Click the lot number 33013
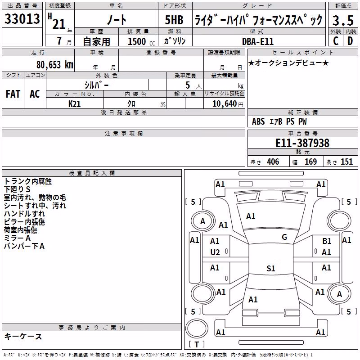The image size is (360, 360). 22,19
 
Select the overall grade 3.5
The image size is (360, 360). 343,20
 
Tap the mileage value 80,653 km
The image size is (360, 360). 55,65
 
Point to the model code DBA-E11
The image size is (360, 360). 258,41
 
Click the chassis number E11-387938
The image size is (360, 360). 302,143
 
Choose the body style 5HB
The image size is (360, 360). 174,20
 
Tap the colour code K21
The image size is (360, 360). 74,104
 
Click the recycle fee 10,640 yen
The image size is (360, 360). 228,104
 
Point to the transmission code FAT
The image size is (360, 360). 13,94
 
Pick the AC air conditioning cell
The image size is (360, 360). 35,94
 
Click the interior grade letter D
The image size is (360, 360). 350,41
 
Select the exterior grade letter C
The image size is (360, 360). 336,41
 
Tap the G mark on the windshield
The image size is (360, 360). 284,237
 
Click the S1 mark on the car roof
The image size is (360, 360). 271,268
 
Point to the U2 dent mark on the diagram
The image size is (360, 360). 215,252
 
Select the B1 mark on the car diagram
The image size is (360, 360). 327,241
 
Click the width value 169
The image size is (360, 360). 310,162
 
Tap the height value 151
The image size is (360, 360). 346,162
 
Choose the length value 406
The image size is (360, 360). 273,162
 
